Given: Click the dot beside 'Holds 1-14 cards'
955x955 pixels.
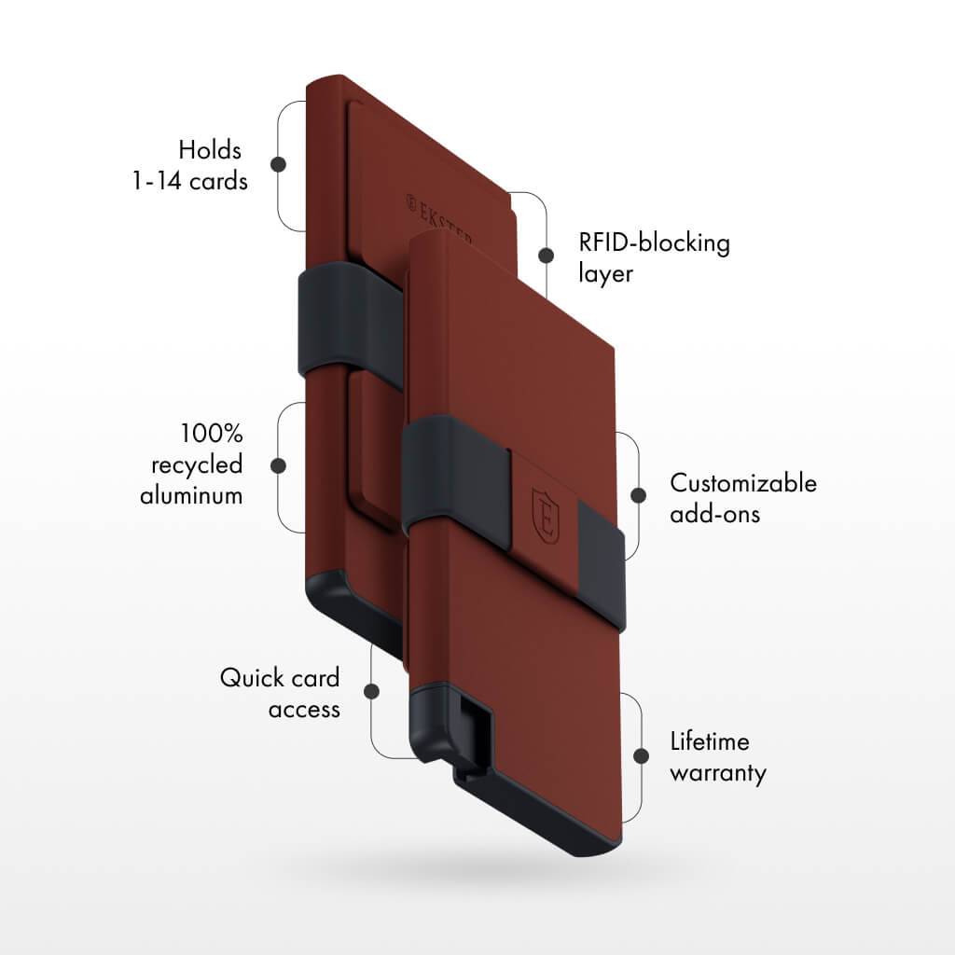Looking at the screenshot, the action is (278, 164).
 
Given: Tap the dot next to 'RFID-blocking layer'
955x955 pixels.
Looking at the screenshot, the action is (547, 256).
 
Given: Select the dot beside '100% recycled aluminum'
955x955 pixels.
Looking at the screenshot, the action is (278, 466).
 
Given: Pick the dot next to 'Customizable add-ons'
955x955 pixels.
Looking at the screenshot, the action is (638, 495).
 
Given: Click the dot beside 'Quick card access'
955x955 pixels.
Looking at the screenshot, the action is (371, 691).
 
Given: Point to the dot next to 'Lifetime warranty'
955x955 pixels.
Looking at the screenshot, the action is (641, 755).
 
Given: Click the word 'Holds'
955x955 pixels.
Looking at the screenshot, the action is (210, 150).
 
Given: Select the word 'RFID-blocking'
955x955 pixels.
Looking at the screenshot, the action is (654, 243).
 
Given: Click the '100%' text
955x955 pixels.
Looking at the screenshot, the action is (212, 434).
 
